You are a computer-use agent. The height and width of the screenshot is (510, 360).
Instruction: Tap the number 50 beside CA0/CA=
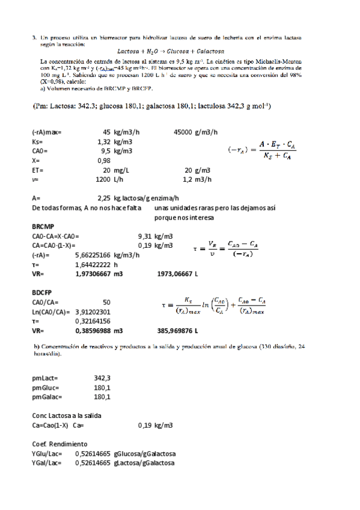point(106,302)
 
